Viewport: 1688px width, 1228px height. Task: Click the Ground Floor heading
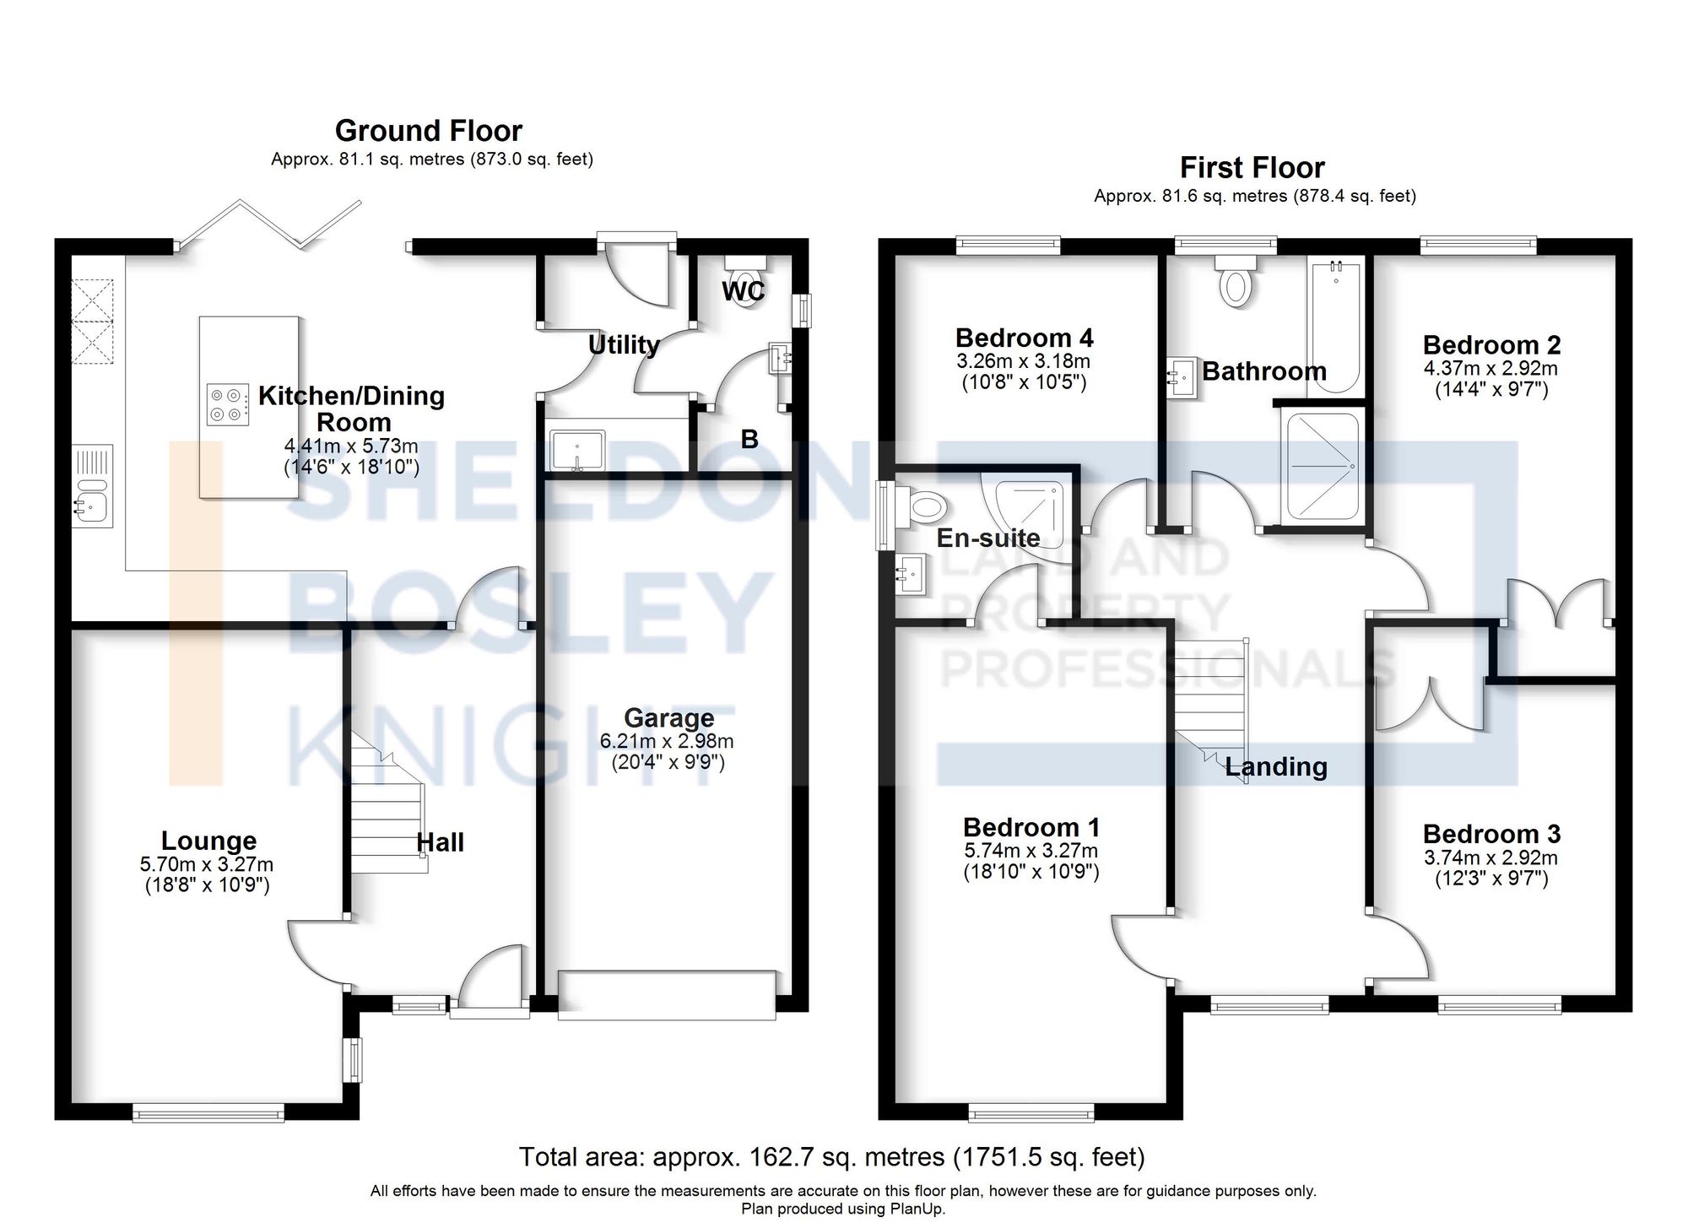(x=428, y=131)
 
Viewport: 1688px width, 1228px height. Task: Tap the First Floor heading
(x=1252, y=168)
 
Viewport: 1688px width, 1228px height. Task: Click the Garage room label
(x=668, y=717)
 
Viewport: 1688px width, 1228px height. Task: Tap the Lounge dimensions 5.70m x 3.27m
(x=207, y=864)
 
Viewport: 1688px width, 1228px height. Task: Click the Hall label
(x=440, y=842)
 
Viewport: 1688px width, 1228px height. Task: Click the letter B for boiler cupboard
(x=749, y=439)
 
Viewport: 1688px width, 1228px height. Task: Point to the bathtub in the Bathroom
(x=1334, y=325)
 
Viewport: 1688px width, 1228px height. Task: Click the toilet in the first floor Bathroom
(x=1236, y=283)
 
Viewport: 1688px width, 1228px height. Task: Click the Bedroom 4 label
(x=1024, y=338)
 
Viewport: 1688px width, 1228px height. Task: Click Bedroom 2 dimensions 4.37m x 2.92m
(x=1491, y=369)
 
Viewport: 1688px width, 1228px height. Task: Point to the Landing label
(x=1275, y=766)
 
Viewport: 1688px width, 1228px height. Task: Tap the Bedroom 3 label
(x=1491, y=834)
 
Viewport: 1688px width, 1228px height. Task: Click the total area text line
(x=831, y=1157)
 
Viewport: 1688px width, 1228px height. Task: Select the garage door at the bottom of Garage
(x=667, y=996)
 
